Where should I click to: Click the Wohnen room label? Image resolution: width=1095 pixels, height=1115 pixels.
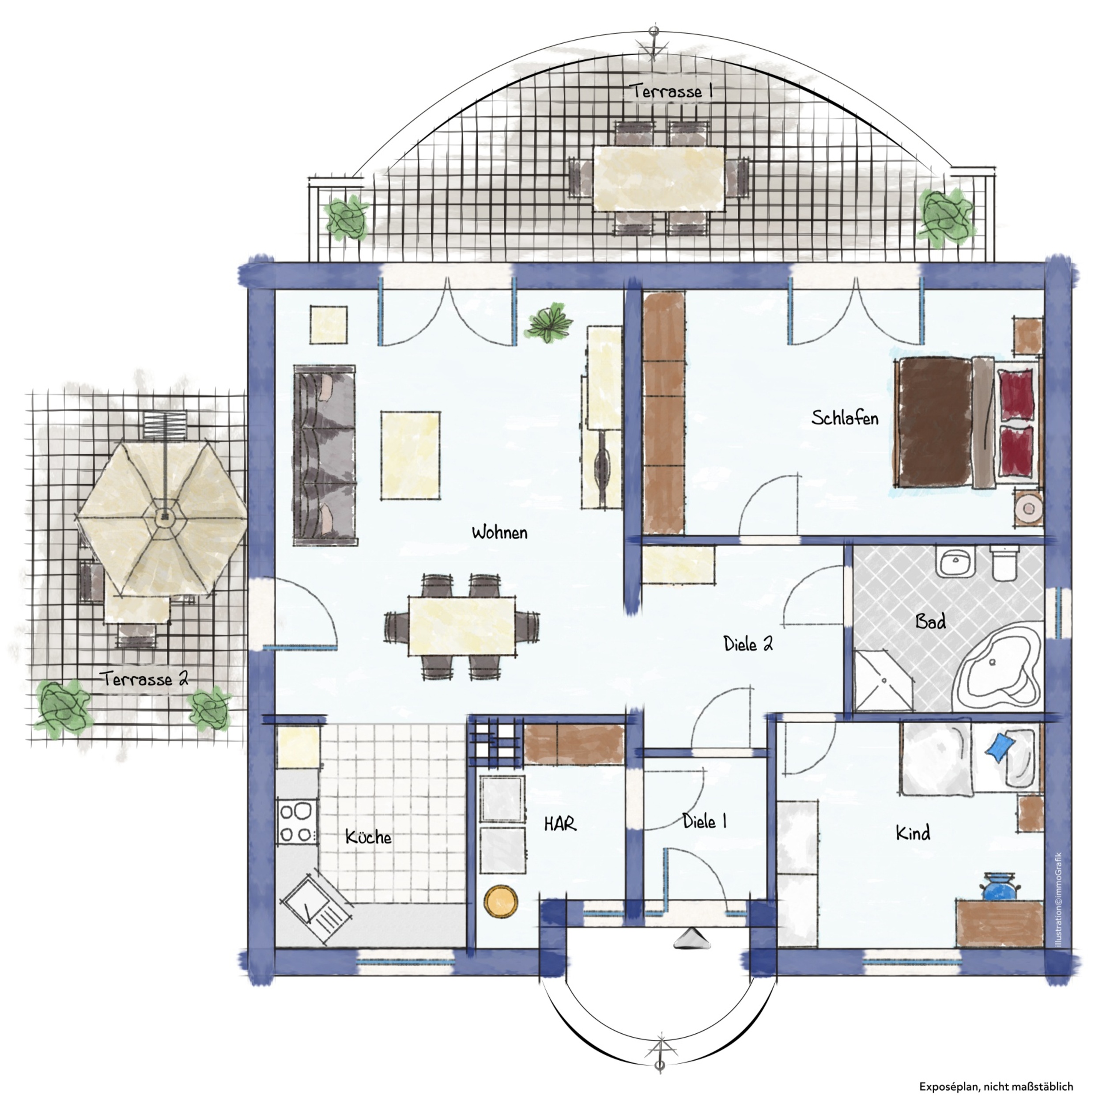click(499, 532)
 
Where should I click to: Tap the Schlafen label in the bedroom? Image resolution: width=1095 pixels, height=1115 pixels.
click(845, 418)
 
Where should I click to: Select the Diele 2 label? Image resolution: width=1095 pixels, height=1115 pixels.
click(748, 643)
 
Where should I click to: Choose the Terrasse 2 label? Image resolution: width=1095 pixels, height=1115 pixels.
click(146, 679)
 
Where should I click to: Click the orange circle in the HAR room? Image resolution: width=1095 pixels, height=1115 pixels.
click(500, 901)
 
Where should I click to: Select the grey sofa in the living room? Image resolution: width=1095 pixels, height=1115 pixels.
click(325, 455)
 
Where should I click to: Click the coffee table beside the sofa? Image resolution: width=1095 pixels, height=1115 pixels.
click(411, 455)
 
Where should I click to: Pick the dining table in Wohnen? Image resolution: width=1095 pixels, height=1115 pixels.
click(462, 626)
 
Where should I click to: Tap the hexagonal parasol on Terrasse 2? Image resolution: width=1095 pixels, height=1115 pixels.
click(163, 518)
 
